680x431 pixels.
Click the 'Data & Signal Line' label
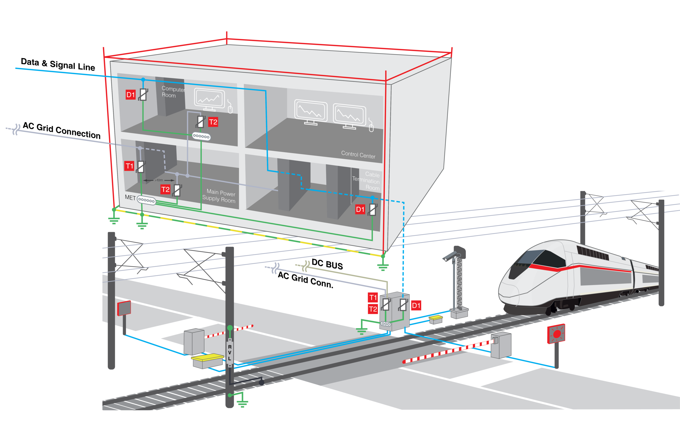(x=58, y=64)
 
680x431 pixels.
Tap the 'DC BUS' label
(x=327, y=264)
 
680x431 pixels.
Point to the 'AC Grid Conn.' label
(x=305, y=280)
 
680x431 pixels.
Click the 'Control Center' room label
(x=358, y=154)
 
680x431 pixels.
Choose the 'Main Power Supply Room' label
(x=219, y=196)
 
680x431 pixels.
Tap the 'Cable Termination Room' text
(x=366, y=181)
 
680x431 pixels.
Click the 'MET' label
(x=130, y=197)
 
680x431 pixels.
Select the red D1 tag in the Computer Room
(x=130, y=94)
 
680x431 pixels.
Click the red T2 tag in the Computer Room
(x=213, y=122)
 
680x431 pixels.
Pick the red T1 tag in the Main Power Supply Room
(x=129, y=166)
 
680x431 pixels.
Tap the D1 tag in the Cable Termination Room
(x=360, y=209)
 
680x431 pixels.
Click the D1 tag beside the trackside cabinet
(x=416, y=305)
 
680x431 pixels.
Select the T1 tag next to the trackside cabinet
(x=373, y=297)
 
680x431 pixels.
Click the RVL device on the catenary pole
(x=230, y=353)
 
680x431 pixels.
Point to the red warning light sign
(x=556, y=334)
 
